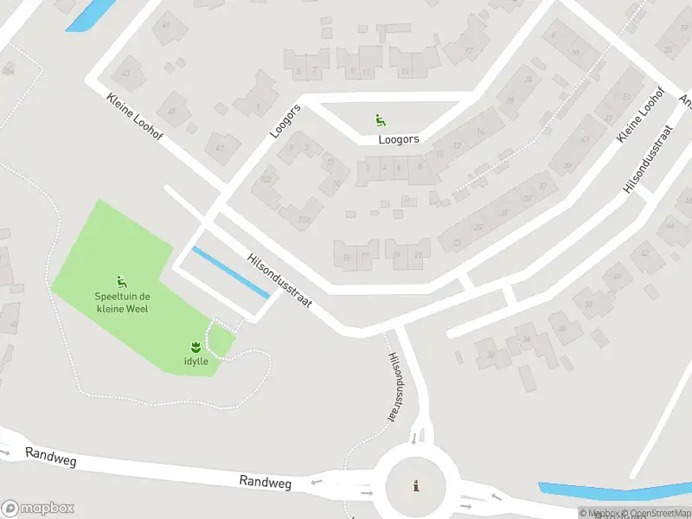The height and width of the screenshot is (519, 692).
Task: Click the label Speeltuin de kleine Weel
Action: [120, 303]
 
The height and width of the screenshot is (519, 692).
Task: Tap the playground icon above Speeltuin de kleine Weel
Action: [122, 281]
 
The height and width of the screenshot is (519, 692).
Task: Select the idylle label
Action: [195, 361]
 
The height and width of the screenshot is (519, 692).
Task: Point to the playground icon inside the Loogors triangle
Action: [379, 119]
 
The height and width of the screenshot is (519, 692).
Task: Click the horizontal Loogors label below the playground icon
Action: [399, 138]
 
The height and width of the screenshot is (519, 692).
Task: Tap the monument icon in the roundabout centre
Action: [417, 485]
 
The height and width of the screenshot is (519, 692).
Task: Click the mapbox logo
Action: [38, 508]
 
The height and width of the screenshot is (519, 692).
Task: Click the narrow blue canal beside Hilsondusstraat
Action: [230, 272]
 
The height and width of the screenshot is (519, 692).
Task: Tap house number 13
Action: [404, 72]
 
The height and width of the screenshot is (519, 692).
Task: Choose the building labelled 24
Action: [528, 80]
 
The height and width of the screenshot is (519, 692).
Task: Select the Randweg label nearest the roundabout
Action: [266, 481]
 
